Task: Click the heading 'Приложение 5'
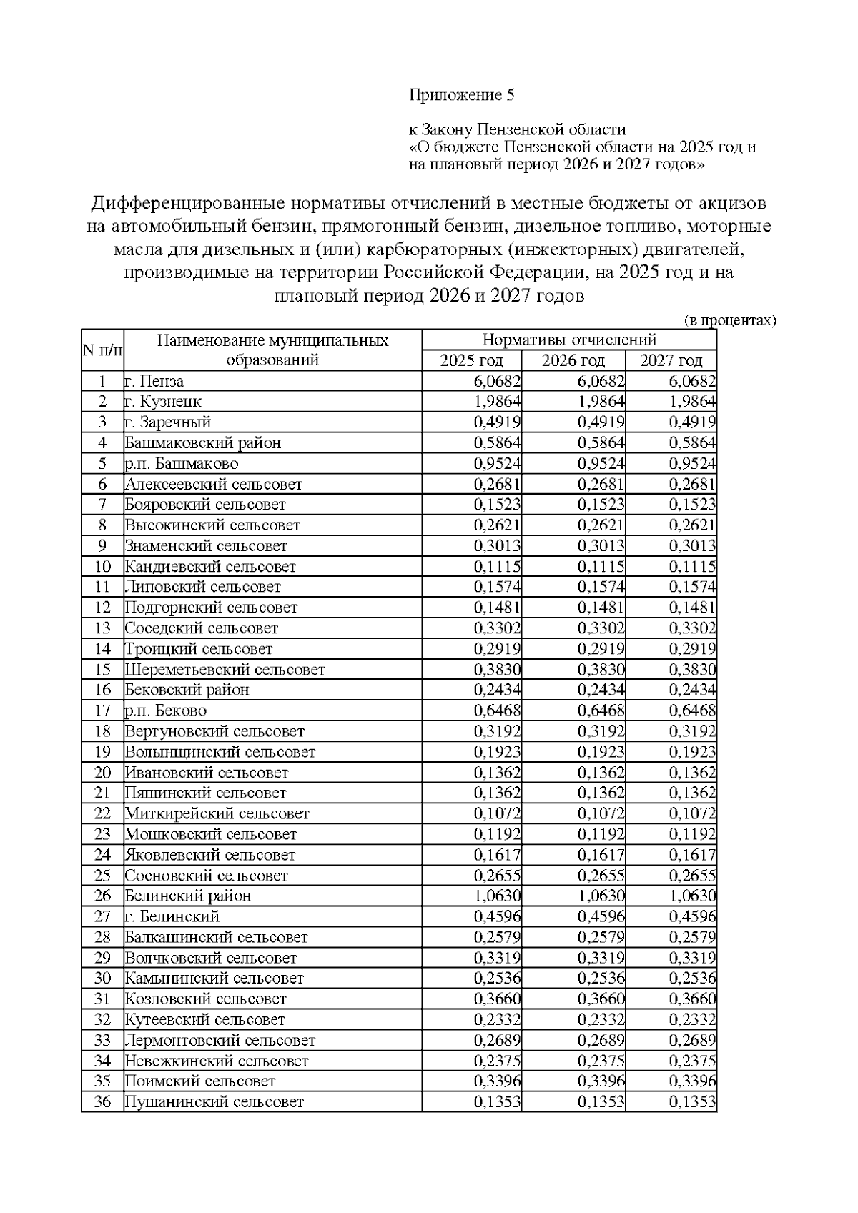461,95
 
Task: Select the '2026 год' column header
573,360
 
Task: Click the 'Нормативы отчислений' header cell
568,340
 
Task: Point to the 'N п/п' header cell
102,350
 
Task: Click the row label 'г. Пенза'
154,381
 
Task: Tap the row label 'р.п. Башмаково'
181,463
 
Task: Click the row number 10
102,567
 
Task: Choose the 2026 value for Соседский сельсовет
601,628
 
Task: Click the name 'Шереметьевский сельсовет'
225,670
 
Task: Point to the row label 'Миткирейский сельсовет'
217,813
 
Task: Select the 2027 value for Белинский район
691,896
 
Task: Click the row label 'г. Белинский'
172,916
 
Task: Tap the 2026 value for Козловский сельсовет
601,999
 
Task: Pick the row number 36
102,1102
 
